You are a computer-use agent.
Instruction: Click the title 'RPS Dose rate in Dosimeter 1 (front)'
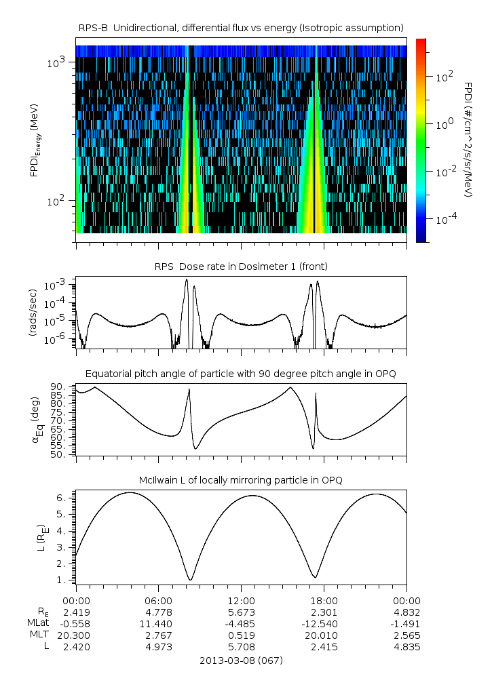pos(241,266)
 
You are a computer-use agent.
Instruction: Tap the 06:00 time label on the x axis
pos(158,600)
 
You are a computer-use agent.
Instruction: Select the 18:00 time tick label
pos(324,600)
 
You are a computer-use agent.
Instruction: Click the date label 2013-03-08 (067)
pos(241,660)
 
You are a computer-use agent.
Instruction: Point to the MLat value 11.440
pos(158,623)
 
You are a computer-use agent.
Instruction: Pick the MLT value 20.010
pos(324,635)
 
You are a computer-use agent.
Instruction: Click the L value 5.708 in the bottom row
pos(241,647)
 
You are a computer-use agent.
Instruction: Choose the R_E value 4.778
pos(158,612)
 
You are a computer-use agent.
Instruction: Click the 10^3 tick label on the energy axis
pos(56,62)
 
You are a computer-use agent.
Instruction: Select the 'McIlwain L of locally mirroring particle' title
pos(241,480)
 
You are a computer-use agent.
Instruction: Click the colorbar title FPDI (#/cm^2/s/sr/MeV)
pos(468,139)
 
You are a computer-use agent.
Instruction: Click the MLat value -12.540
pos(324,623)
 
